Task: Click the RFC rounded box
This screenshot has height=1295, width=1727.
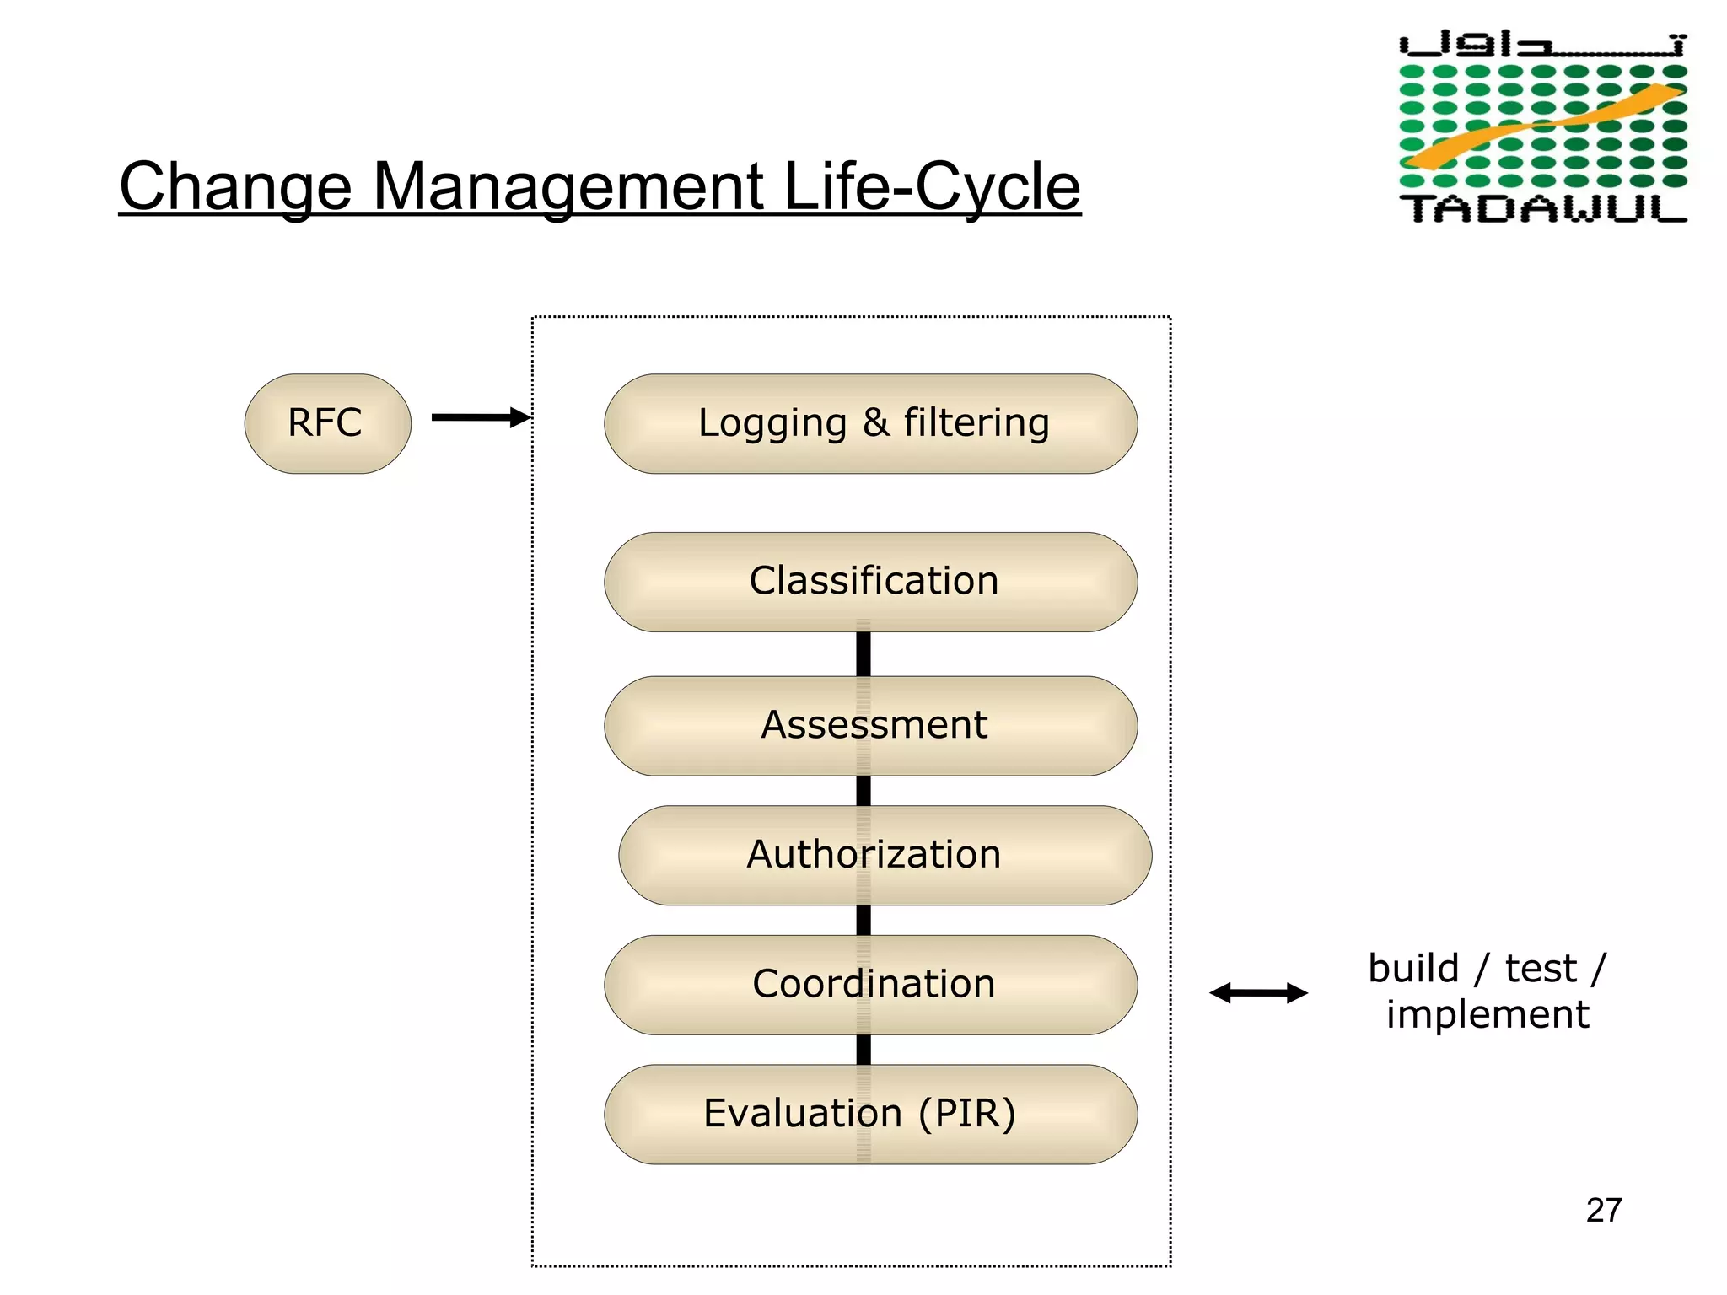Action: pos(327,423)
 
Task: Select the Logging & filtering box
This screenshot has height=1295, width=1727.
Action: pos(870,423)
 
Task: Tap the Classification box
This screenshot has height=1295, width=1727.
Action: pos(870,582)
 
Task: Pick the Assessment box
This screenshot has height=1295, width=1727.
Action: pos(870,725)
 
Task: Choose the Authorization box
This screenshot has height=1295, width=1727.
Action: pos(885,855)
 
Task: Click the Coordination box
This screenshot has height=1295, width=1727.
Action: pos(870,985)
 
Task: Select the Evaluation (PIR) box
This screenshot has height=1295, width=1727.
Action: pos(870,1114)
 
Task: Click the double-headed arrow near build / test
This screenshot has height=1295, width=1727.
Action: pos(1258,993)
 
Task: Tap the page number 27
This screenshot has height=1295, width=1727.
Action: pos(1603,1210)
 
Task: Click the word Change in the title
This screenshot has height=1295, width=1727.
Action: pos(235,187)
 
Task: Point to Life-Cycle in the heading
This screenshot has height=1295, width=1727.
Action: pos(931,187)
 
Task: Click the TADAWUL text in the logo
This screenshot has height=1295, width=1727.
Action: pos(1542,208)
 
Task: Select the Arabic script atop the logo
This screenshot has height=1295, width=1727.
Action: pos(1542,45)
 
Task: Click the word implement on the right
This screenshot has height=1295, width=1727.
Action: pos(1488,1014)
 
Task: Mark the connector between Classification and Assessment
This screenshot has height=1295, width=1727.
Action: pos(863,654)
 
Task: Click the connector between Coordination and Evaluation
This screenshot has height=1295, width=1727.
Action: pos(863,1050)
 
